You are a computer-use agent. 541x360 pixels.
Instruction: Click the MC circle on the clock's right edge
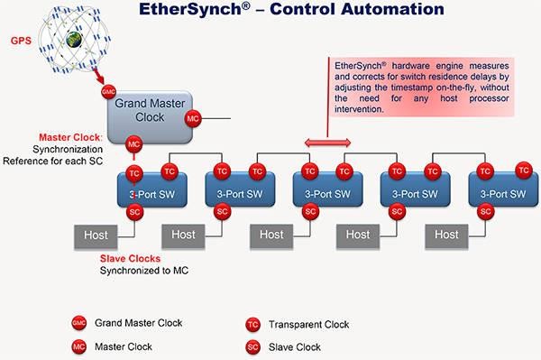pos(192,118)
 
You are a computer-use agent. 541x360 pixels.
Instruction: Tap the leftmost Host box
pos(96,235)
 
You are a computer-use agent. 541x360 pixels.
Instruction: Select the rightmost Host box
pos(447,235)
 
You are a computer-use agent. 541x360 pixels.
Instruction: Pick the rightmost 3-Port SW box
pos(501,193)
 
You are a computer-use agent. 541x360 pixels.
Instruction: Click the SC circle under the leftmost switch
pos(134,213)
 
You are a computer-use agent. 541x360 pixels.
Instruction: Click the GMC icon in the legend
pos(80,322)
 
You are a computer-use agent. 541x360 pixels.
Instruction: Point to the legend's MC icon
pos(80,346)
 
